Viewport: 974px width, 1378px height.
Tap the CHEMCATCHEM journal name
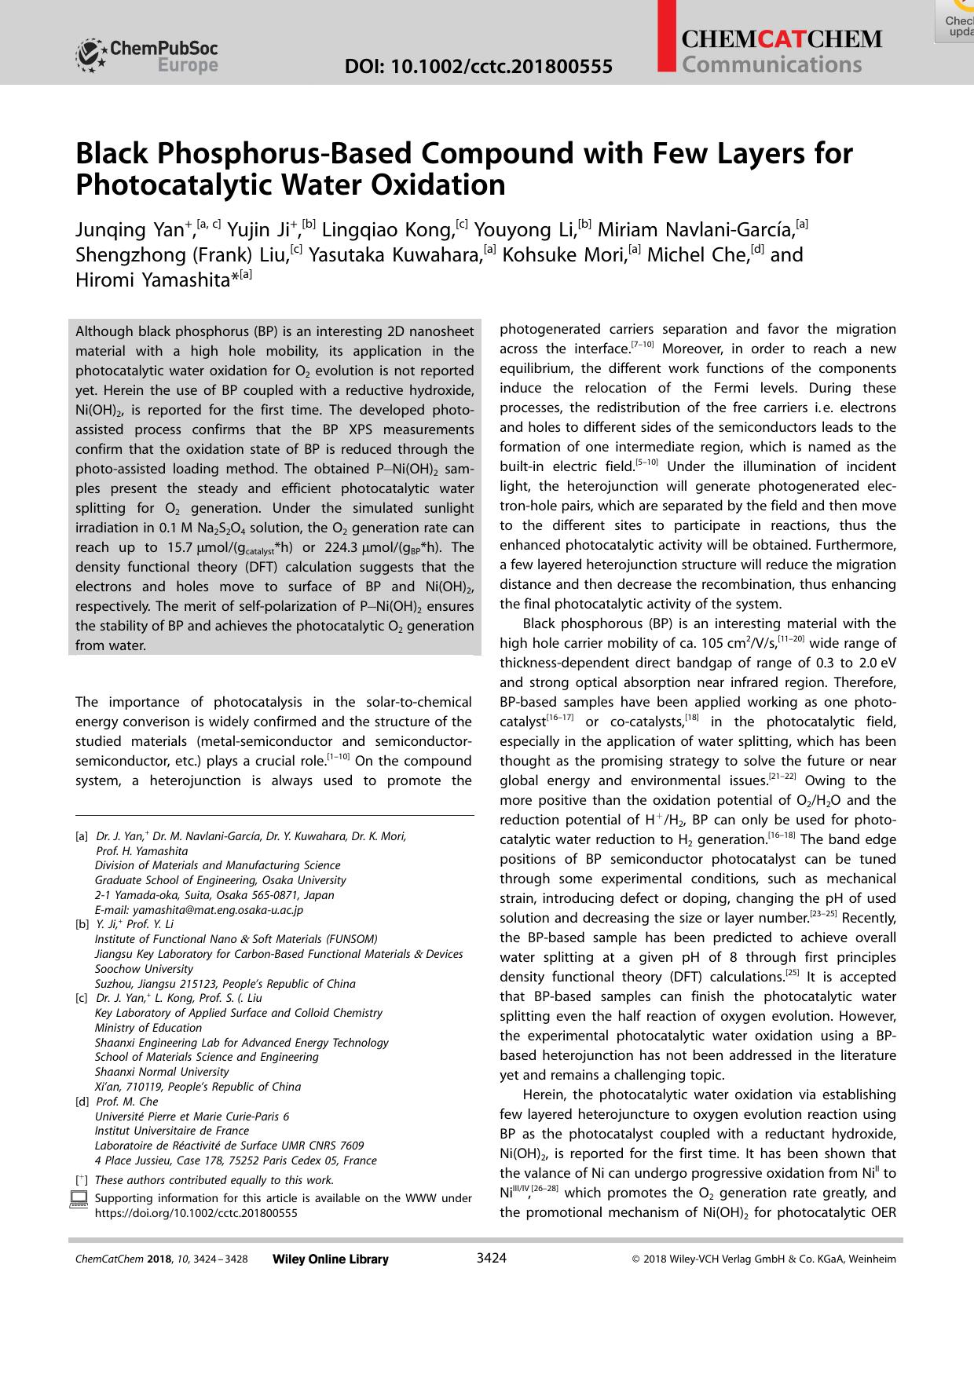782,39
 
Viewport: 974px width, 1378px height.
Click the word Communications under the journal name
772,64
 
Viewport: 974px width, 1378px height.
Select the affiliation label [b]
82,925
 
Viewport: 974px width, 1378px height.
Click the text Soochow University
144,969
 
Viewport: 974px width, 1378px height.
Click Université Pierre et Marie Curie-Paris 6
192,1117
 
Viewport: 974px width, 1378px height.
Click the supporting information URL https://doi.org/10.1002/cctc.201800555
196,1213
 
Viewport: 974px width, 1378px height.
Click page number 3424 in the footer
492,1259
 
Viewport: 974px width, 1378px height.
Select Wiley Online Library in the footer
330,1259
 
